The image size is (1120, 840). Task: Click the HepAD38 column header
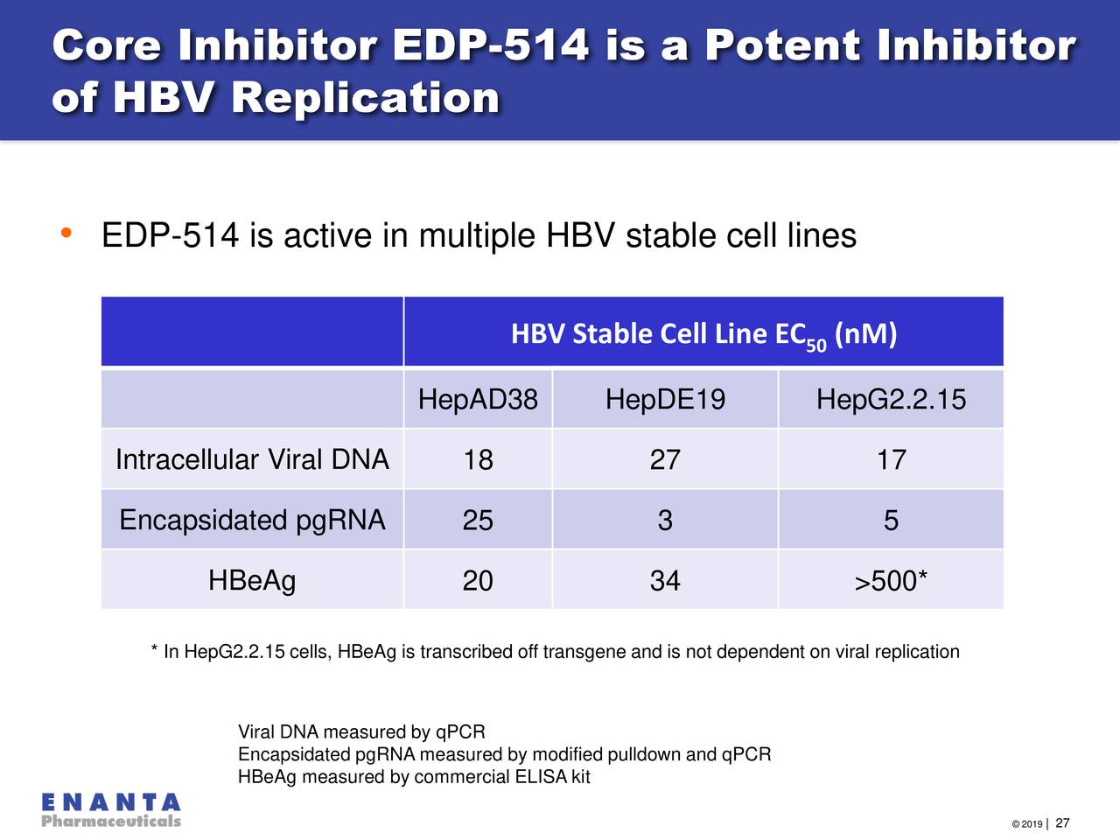tap(478, 400)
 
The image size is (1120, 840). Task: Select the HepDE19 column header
tap(665, 400)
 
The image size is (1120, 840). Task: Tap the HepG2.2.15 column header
tap(891, 400)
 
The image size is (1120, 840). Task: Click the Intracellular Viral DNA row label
tap(252, 459)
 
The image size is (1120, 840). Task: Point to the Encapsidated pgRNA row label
tap(252, 520)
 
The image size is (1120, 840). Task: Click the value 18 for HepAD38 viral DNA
tap(478, 460)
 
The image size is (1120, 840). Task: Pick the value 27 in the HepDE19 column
tap(665, 460)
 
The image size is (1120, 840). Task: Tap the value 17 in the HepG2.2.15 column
tap(891, 460)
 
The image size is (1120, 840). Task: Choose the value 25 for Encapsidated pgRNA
tap(478, 521)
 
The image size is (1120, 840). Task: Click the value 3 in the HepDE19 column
tap(665, 521)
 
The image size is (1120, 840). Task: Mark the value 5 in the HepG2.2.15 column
tap(891, 521)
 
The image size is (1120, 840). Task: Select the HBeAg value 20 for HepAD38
tap(478, 581)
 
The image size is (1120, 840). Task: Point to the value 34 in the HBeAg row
tap(665, 581)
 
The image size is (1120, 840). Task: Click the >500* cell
tap(891, 581)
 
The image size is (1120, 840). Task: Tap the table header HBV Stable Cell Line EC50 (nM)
tap(703, 334)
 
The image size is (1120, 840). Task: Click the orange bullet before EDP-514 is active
tap(66, 234)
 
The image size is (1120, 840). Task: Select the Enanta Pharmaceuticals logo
tap(111, 810)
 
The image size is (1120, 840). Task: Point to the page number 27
tap(1062, 823)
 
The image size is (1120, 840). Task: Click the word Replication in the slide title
tap(365, 97)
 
